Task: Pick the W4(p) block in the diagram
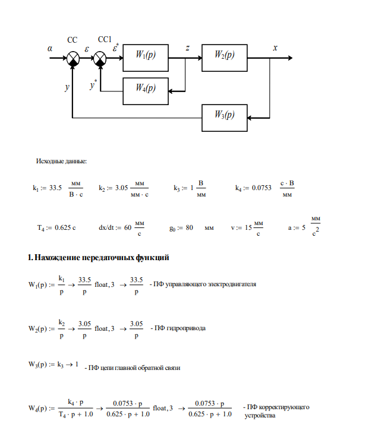pos(145,88)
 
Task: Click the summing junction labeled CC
pos(73,58)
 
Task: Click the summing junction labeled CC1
pos(100,58)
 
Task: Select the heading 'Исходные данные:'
pos(62,162)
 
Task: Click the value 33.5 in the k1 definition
pos(56,188)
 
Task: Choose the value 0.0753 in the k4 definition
pos(262,188)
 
